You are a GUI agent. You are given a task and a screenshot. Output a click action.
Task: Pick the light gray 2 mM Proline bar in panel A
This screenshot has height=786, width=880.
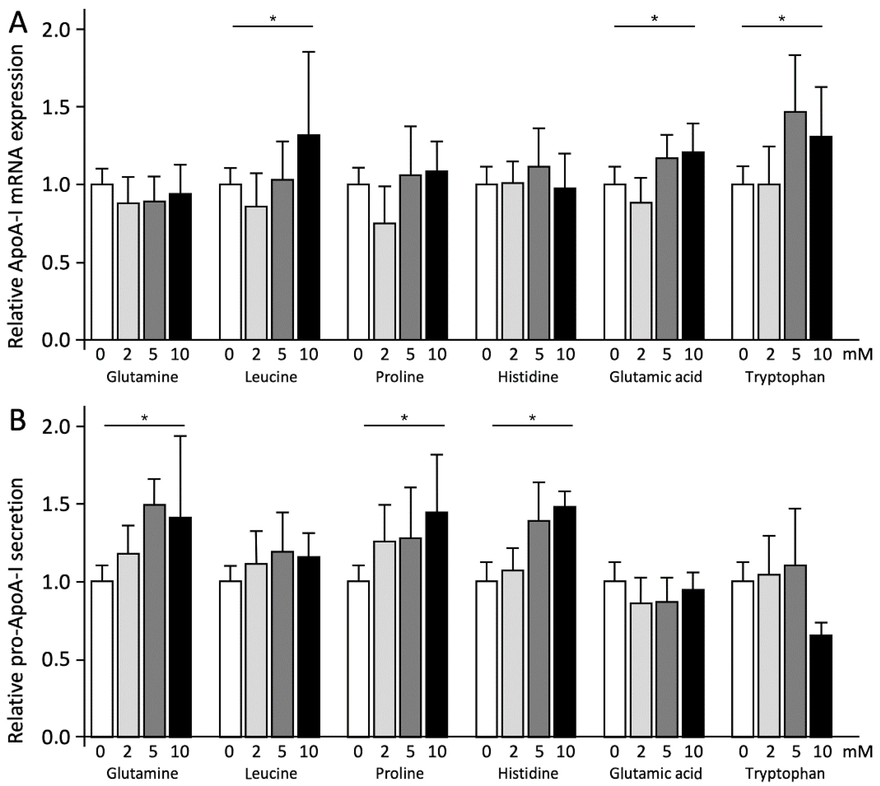pos(385,281)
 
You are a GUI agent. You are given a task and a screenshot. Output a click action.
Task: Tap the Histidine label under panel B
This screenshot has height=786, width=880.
pos(528,773)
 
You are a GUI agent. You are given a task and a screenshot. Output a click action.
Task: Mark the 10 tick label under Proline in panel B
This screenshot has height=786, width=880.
pos(437,752)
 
